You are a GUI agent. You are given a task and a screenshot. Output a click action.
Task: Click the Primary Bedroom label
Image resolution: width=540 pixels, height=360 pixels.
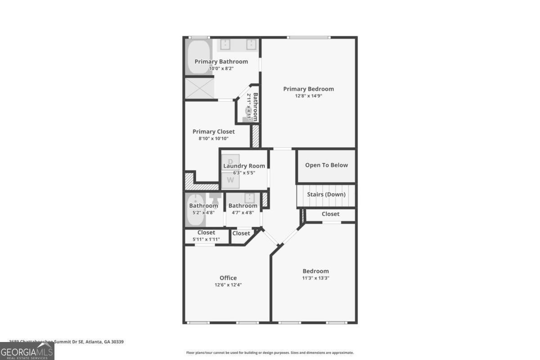pos(308,89)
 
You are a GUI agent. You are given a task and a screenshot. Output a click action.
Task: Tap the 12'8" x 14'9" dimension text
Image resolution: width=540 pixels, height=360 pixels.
pos(308,96)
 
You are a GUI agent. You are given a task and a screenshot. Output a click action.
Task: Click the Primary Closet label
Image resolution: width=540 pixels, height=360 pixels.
pos(213,132)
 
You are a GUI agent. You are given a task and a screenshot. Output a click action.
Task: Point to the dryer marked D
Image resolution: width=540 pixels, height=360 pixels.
pos(230,161)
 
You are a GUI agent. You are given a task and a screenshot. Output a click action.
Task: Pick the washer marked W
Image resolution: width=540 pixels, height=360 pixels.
pos(230,180)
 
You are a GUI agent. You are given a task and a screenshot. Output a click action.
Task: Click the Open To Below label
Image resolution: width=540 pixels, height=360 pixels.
pos(326,165)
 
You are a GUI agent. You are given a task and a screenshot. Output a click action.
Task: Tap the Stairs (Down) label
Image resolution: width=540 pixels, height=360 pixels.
pos(326,195)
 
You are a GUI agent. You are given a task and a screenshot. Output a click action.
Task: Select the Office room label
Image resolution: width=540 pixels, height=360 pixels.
pos(228,278)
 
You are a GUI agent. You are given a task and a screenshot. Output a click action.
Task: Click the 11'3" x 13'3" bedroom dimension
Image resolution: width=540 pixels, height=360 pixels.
pos(315,278)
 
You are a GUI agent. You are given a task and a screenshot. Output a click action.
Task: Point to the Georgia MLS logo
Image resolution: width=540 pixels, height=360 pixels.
pos(27,351)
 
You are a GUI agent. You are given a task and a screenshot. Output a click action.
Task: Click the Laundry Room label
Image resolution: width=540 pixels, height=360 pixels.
pos(244,166)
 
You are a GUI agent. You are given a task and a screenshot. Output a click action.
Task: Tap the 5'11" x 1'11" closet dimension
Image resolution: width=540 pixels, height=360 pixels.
pos(206,239)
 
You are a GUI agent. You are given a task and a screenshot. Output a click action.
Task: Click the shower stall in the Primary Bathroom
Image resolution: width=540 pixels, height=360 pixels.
pos(199,89)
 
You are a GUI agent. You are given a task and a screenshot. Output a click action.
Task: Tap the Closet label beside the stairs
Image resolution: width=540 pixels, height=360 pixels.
pos(330,214)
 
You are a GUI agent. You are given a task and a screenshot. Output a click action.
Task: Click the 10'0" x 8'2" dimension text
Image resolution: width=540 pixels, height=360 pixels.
pos(221,68)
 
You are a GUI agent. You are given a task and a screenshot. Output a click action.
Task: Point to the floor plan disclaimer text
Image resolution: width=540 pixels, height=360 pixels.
pos(270,353)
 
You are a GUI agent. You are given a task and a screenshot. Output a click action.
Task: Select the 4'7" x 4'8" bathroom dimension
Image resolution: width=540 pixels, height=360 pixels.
pos(243,212)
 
